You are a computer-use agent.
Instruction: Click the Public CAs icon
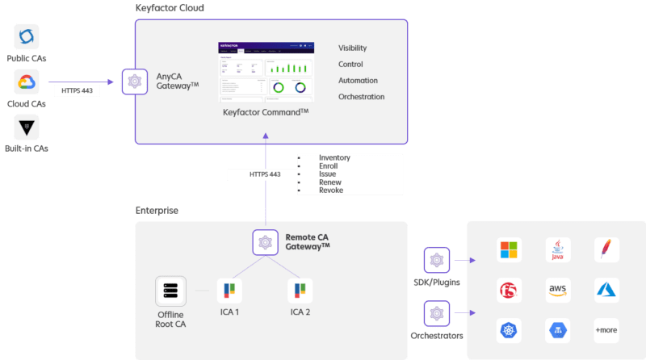(27, 36)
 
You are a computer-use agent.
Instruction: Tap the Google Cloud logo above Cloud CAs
(27, 82)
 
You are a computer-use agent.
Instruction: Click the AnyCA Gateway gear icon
(133, 81)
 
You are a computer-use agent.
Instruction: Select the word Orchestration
(361, 97)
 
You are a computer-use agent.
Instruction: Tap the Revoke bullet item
(331, 190)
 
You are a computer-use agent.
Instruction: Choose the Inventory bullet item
(334, 158)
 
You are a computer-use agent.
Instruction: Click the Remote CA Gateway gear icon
(265, 241)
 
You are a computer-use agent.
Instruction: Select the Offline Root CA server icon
(170, 291)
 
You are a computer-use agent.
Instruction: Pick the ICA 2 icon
(300, 291)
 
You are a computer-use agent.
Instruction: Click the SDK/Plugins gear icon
(436, 261)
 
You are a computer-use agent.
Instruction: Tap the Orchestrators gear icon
(436, 313)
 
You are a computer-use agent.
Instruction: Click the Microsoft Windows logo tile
(510, 249)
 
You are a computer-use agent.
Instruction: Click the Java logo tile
(558, 249)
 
